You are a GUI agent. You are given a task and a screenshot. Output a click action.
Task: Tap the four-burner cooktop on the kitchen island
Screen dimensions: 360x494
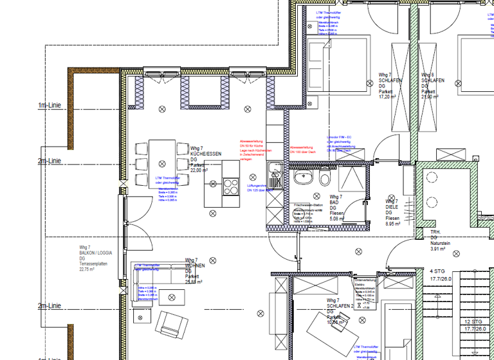(230, 186)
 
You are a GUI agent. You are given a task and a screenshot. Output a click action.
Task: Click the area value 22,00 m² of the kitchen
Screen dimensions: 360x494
(199, 171)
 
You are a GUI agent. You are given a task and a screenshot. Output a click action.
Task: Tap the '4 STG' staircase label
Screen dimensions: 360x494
(438, 271)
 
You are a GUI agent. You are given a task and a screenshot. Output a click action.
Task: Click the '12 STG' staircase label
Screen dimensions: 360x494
(473, 321)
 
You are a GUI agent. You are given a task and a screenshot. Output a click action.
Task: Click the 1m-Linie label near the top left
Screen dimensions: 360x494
(50, 105)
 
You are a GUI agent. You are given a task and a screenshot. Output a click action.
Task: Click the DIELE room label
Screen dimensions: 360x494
(392, 207)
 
